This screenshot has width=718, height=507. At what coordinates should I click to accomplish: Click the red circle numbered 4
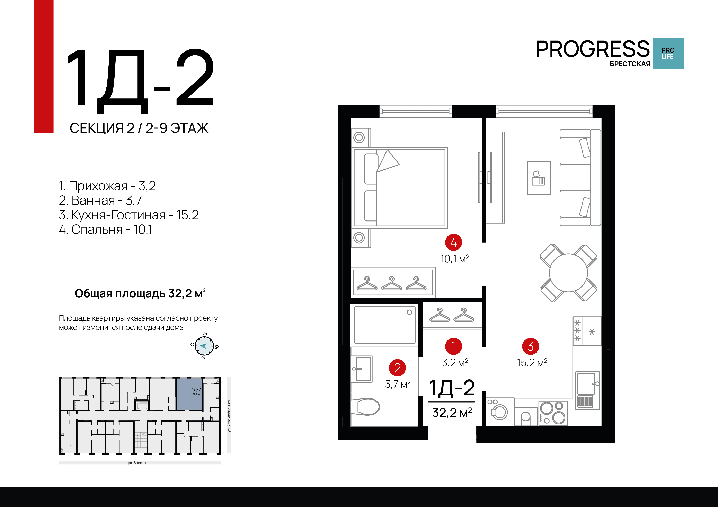click(x=453, y=242)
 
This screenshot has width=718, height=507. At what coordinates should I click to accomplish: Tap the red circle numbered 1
click(x=453, y=346)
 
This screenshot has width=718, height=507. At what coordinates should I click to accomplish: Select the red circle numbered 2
click(x=397, y=368)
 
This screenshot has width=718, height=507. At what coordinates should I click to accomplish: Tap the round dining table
click(x=568, y=273)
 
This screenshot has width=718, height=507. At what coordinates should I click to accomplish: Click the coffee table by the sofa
click(x=539, y=178)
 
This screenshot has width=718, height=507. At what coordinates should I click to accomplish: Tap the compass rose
click(x=204, y=346)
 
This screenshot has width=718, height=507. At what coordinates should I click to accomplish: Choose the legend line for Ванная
click(x=100, y=200)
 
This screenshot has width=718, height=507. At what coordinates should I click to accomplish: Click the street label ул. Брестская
click(x=140, y=463)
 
